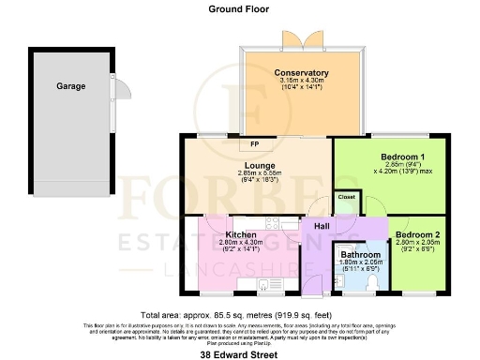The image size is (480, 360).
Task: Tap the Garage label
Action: point(70,86)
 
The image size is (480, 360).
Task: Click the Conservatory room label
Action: point(301,73)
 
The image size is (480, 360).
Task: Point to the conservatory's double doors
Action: point(292,41)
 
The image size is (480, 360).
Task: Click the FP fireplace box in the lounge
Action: point(255,145)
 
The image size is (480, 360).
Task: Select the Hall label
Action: point(320,226)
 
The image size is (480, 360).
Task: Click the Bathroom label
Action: point(360,254)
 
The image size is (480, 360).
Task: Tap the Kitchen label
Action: point(241,233)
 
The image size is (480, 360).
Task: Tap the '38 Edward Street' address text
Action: point(240,353)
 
